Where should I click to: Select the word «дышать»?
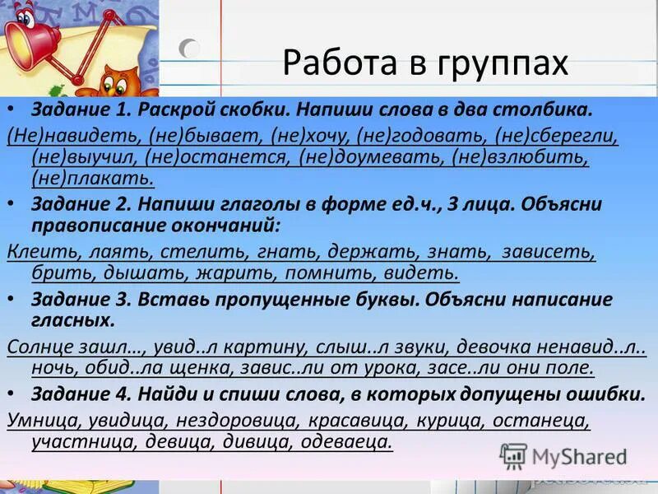(114, 273)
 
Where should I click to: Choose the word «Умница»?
(40, 420)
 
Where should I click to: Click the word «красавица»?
(359, 420)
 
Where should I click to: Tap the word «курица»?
(452, 420)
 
